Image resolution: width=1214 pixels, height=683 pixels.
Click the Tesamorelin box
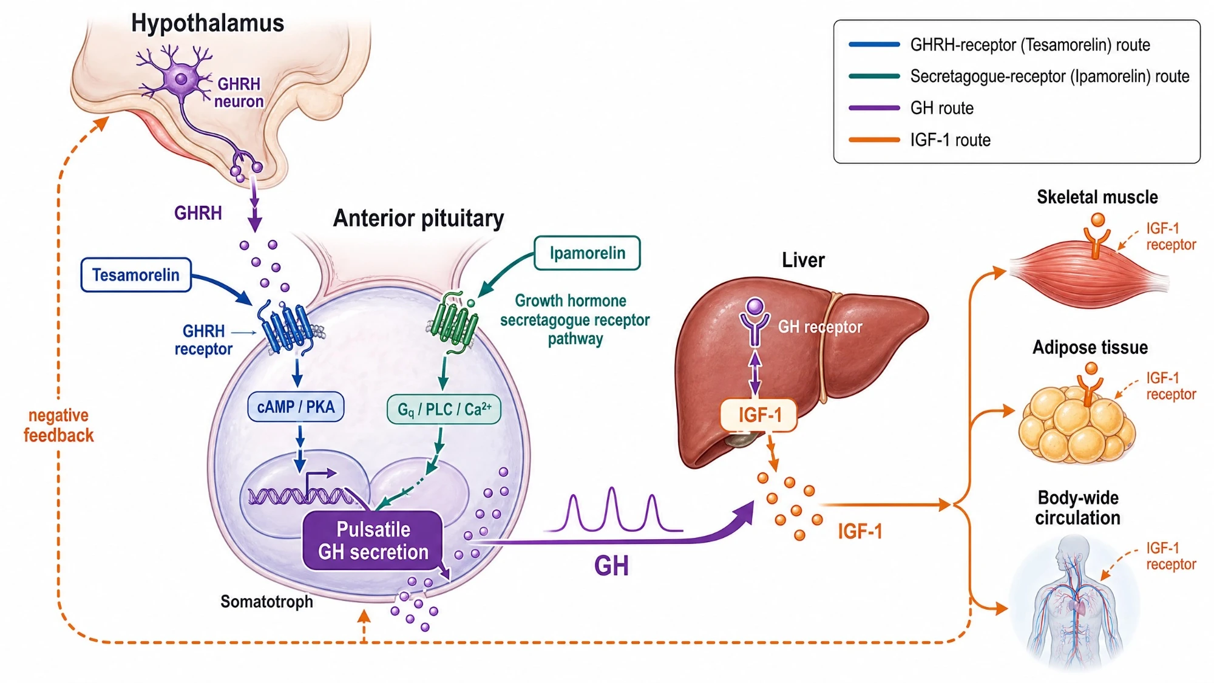136,275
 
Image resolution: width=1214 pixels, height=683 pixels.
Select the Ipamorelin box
587,253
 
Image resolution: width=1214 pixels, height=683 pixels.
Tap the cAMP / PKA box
296,407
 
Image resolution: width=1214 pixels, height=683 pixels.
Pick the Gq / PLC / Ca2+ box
444,409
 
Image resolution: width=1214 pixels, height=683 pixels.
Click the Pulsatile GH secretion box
373,540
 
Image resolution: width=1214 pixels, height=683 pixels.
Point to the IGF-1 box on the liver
759,415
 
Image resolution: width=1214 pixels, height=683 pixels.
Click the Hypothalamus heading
208,23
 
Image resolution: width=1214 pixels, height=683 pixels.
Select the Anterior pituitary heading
418,218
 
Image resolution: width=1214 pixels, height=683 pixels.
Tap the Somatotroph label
266,602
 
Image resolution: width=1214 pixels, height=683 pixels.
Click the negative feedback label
59,425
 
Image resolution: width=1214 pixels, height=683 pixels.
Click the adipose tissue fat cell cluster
1076,425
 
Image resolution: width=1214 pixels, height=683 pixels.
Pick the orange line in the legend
874,140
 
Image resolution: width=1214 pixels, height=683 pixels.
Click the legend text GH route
941,108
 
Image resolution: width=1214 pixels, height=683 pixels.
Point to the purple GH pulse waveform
613,510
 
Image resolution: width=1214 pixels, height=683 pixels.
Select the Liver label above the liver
803,260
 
